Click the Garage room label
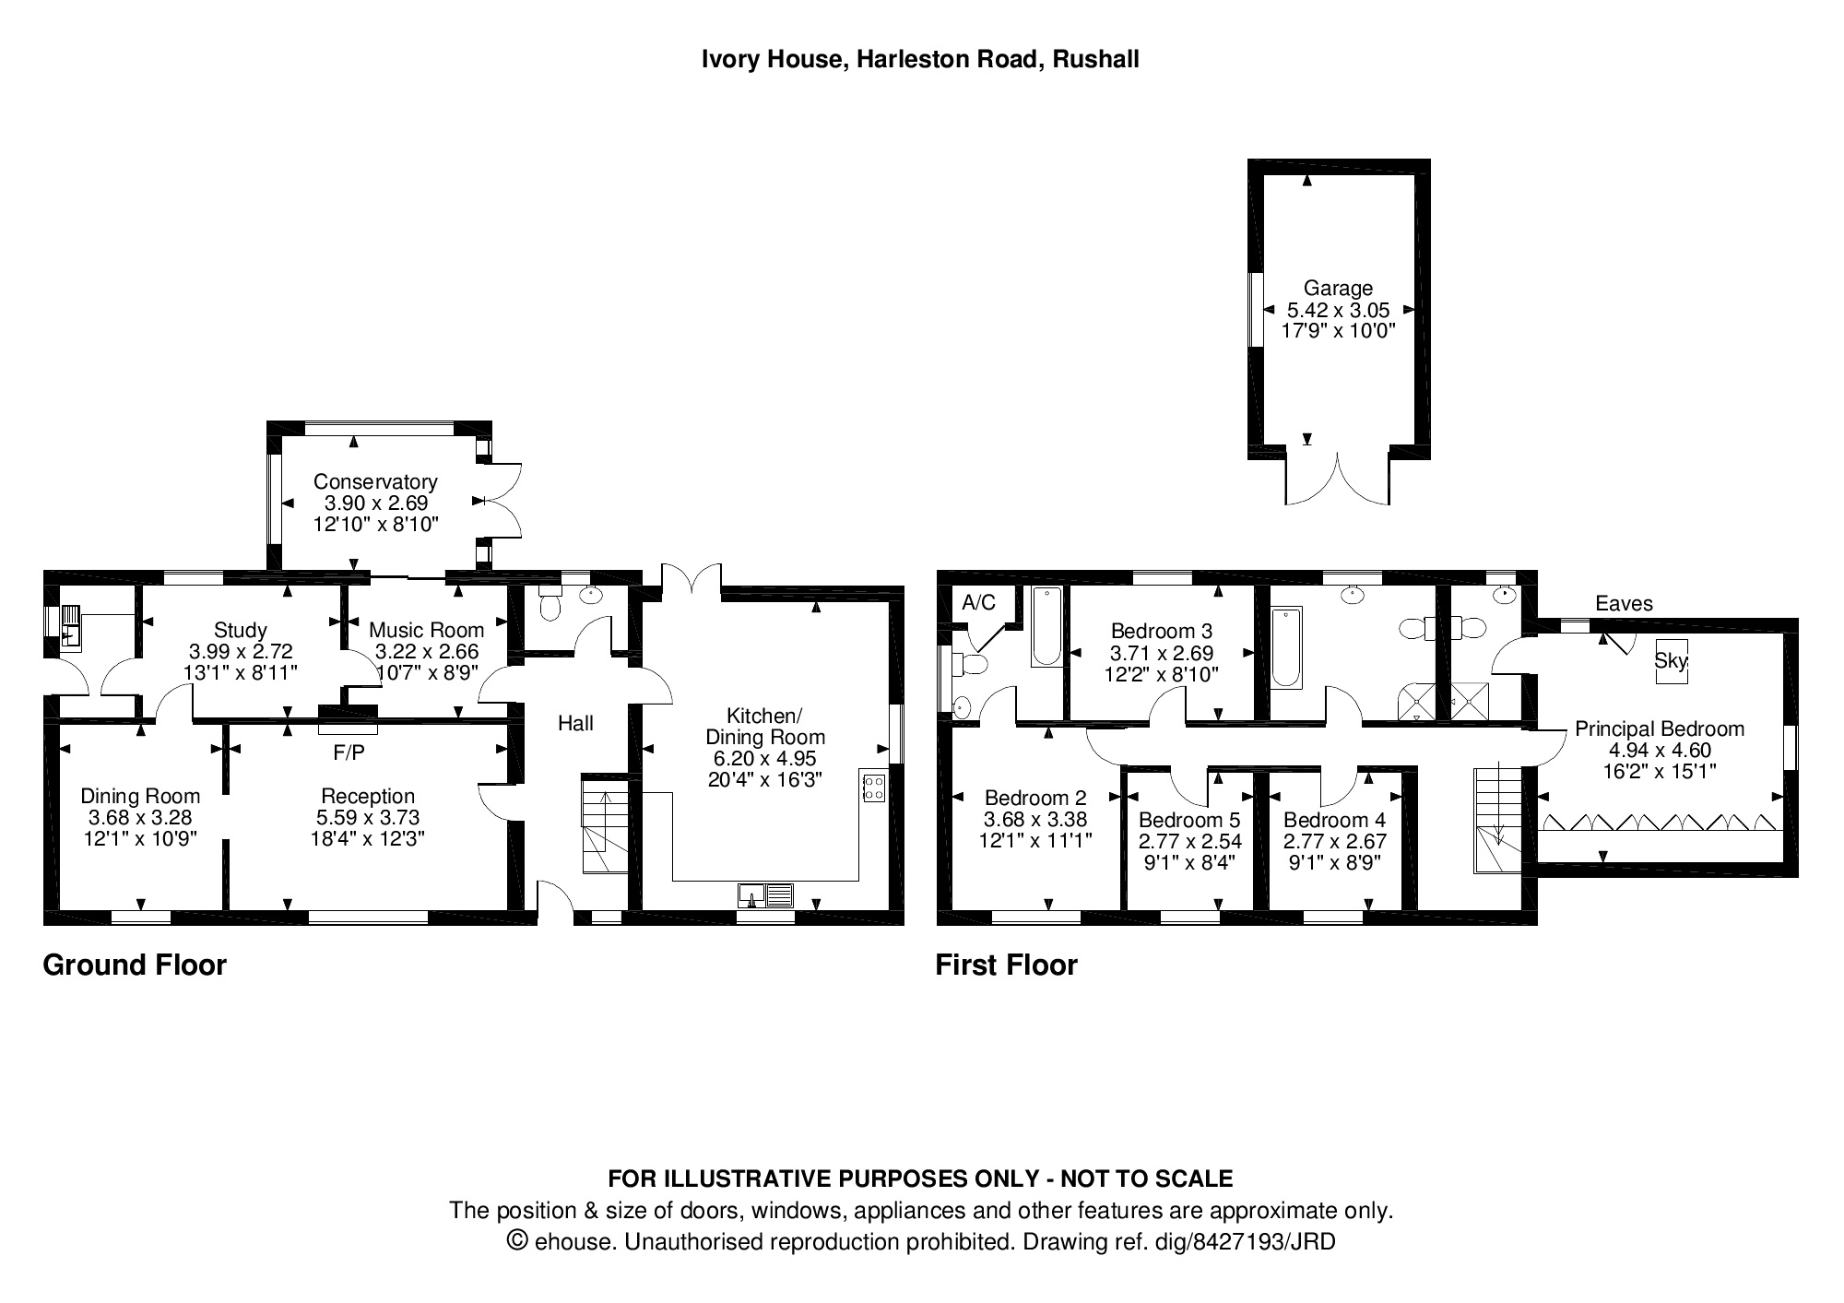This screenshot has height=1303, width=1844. [1338, 289]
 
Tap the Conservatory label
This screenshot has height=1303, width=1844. [374, 481]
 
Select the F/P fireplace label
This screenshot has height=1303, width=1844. [349, 753]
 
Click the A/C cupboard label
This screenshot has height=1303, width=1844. [978, 603]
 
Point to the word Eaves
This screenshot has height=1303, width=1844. [1624, 604]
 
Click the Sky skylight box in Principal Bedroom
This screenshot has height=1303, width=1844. [1671, 660]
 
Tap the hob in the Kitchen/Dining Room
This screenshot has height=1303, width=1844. [872, 787]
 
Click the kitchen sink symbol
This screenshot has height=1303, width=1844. [765, 894]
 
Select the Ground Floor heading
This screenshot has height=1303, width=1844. [135, 965]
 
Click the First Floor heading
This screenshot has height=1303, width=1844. [1006, 965]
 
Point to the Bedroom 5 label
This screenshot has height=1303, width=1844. [1189, 820]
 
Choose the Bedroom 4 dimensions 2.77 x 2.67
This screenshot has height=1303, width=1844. [1334, 841]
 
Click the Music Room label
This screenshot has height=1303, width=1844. [426, 630]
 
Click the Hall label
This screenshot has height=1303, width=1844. [575, 723]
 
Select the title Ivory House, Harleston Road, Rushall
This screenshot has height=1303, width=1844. [920, 60]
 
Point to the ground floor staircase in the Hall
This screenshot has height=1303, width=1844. [605, 825]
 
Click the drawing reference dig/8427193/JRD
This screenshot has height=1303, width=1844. [1244, 1241]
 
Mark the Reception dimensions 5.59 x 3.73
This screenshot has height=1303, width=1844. [368, 817]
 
